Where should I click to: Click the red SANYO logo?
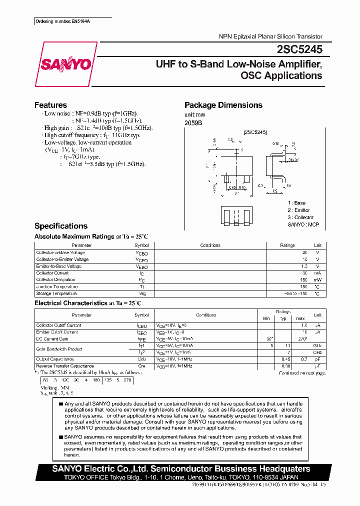pyautogui.click(x=65, y=64)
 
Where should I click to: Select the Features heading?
pyautogui.click(x=50, y=105)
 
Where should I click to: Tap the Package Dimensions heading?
pyautogui.click(x=223, y=105)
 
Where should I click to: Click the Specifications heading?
pyautogui.click(x=60, y=226)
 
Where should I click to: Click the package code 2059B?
pyautogui.click(x=193, y=122)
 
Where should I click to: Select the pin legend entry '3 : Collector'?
pyautogui.click(x=300, y=217)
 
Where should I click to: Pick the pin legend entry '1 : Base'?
pyautogui.click(x=296, y=203)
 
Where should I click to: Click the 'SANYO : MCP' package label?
pyautogui.click(x=303, y=224)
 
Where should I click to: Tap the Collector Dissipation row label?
pyautogui.click(x=55, y=279)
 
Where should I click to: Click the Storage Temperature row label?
pyautogui.click(x=56, y=293)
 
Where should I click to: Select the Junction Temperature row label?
pyautogui.click(x=56, y=286)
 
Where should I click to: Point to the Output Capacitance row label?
pyautogui.click(x=55, y=359)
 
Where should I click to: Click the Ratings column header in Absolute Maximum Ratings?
pyautogui.click(x=287, y=245)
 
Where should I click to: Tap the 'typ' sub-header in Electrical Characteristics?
pyautogui.click(x=283, y=318)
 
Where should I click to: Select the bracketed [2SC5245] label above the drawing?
pyautogui.click(x=255, y=132)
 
